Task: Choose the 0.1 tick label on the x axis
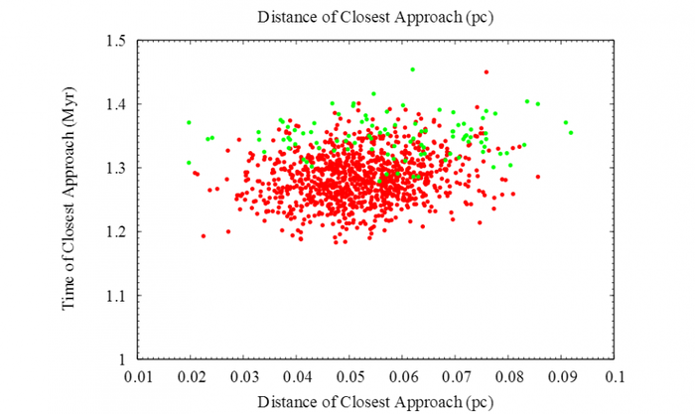click(616, 377)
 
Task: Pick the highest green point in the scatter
click(412, 69)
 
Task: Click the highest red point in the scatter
click(486, 71)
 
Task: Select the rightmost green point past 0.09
click(571, 132)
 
